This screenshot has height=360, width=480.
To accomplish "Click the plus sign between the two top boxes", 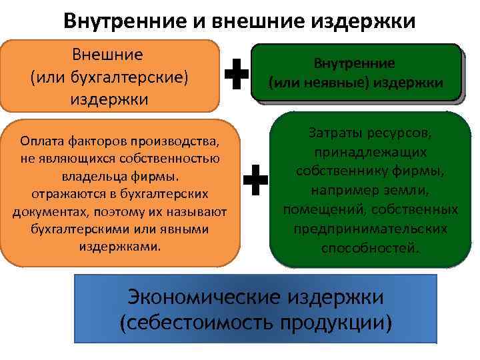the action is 237,74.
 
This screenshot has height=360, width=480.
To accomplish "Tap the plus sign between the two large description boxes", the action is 255,180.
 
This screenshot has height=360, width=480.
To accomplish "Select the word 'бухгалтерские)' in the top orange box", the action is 137,77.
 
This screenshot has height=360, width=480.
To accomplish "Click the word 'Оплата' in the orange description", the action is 42,141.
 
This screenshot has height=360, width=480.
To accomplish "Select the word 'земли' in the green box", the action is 412,191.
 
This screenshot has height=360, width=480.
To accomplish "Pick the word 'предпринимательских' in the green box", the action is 370,229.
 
